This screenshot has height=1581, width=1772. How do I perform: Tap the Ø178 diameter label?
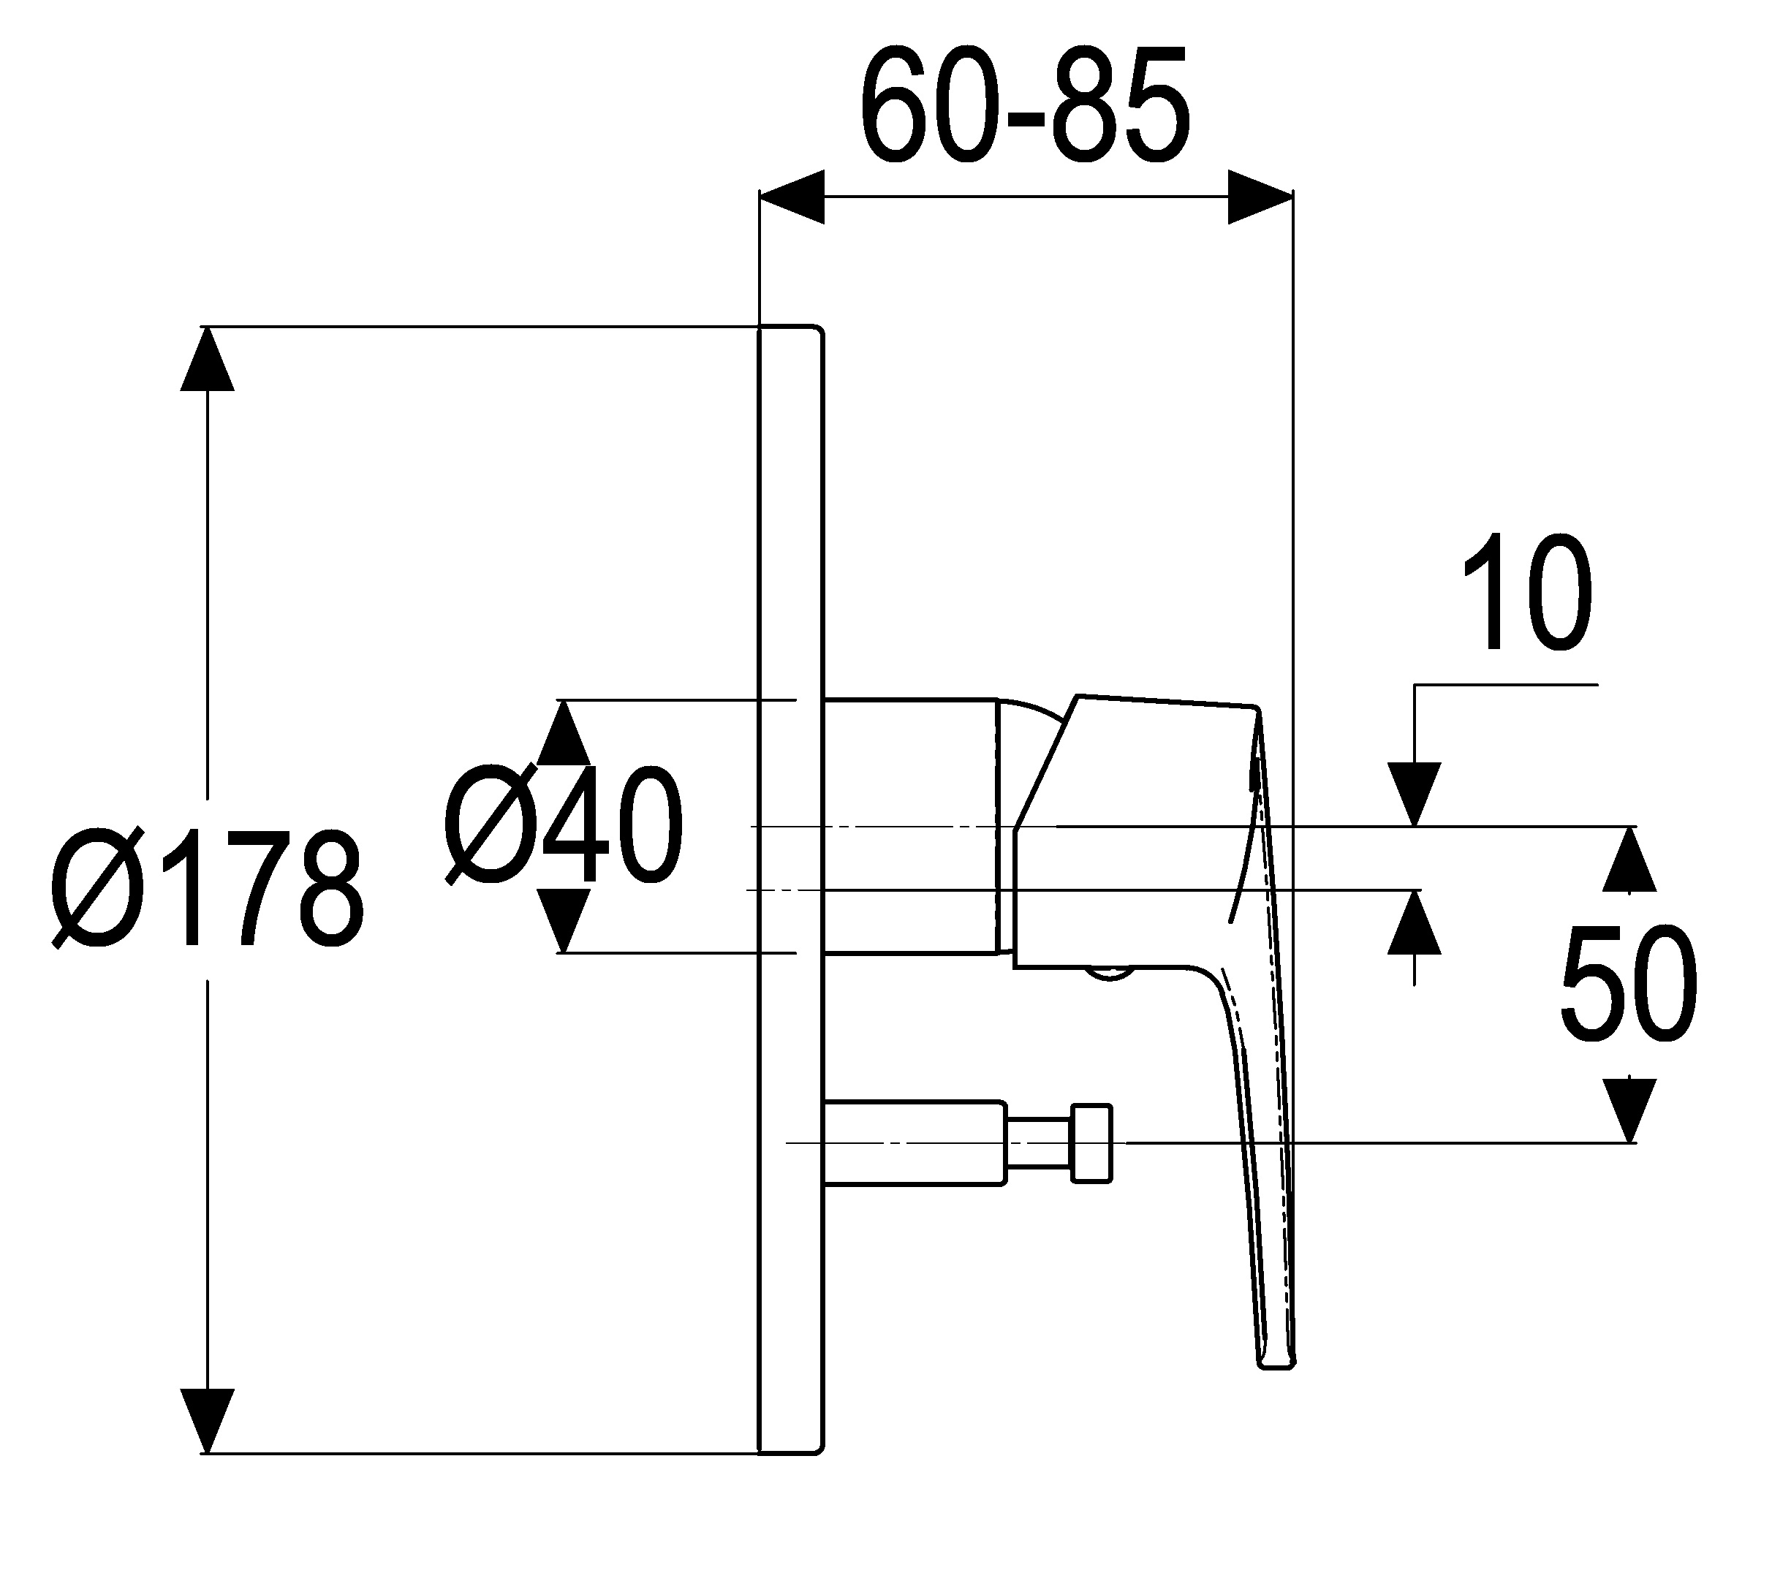tap(208, 887)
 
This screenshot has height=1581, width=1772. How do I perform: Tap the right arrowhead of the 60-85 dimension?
tap(1260, 197)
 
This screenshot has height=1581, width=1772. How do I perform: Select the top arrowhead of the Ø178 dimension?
tap(207, 359)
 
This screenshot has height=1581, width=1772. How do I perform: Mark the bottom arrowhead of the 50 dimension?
tap(1629, 1110)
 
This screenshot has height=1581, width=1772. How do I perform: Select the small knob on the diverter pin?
tap(1092, 1142)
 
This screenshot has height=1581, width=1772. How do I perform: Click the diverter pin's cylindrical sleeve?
tap(915, 1142)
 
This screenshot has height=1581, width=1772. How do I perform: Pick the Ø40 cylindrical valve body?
tap(909, 825)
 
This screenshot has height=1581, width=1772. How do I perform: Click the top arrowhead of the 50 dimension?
tap(1629, 858)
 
